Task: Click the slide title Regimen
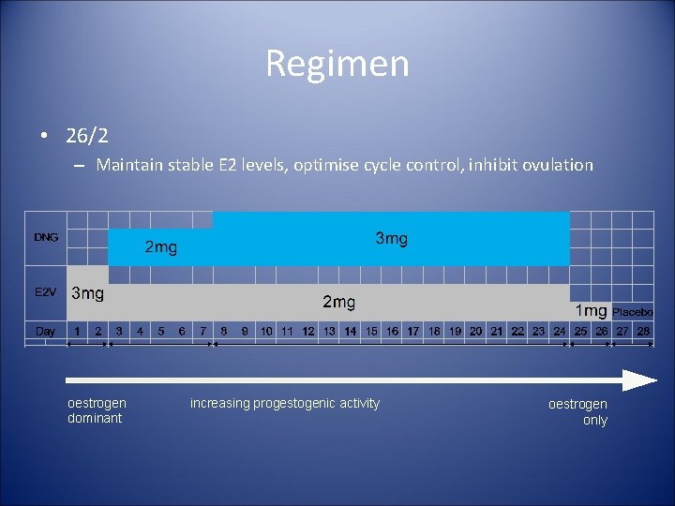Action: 337,64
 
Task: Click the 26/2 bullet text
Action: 87,136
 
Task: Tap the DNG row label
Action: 46,237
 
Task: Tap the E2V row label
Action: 46,292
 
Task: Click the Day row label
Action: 45,331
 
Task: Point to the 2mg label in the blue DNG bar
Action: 160,247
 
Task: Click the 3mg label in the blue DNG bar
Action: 391,239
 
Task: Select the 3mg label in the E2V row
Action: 88,293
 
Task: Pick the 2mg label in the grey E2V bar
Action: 338,302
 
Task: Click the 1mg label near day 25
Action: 591,310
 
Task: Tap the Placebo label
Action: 633,311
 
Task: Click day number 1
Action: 77,331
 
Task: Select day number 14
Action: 350,331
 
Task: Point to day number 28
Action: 643,331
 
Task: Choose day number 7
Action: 202,331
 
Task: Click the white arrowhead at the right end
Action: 639,380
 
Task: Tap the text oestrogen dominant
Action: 97,410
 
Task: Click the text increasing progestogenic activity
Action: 285,403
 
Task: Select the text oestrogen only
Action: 578,412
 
